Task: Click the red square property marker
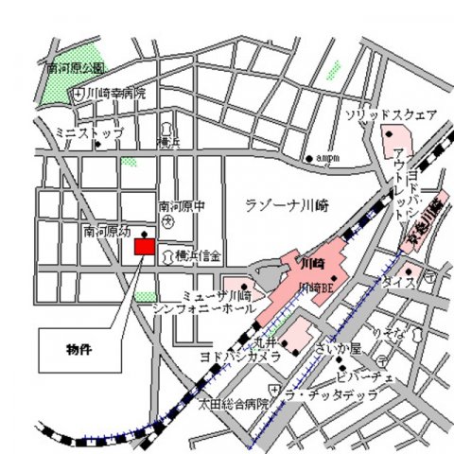(x=144, y=247)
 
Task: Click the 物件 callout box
(x=79, y=350)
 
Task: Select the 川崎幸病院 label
(x=117, y=94)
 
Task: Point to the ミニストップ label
(x=88, y=133)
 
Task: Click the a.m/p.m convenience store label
(x=326, y=158)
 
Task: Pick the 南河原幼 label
(x=104, y=230)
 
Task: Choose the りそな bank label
(x=385, y=333)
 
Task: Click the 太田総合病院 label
(x=228, y=403)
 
